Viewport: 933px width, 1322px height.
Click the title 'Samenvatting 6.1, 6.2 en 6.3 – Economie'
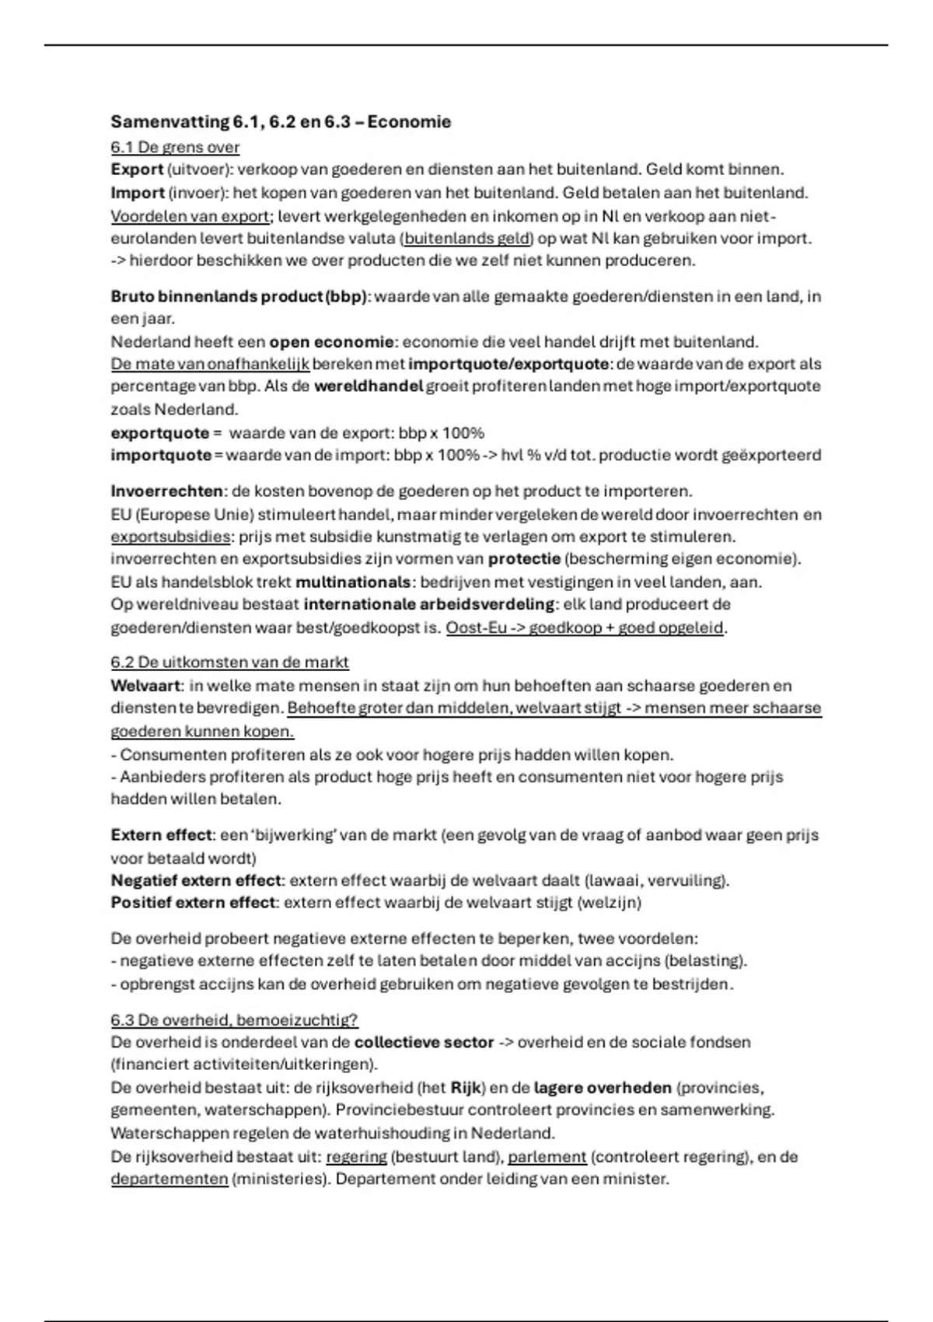[281, 122]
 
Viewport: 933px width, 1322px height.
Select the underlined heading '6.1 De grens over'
[175, 147]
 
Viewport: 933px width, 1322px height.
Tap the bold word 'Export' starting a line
[137, 170]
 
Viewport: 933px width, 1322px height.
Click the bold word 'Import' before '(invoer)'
[138, 192]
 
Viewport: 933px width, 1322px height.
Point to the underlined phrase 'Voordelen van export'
[190, 215]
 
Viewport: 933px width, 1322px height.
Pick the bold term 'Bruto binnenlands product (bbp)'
[239, 296]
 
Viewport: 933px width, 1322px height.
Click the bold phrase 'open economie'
[331, 341]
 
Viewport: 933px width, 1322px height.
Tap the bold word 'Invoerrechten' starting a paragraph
[167, 491]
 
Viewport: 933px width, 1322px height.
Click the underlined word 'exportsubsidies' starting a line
[170, 537]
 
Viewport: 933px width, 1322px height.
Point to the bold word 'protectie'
[524, 558]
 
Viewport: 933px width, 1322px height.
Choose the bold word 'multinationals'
[353, 582]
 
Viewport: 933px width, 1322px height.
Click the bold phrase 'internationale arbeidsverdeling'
[429, 604]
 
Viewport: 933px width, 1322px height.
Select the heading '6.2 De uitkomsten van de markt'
[229, 662]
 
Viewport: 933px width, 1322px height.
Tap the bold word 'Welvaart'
[146, 685]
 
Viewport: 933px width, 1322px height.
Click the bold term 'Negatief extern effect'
[195, 880]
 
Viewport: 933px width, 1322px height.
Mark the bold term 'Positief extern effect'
[193, 903]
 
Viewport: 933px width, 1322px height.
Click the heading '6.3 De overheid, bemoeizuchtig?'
[234, 1019]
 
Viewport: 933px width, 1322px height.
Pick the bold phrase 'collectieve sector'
[424, 1042]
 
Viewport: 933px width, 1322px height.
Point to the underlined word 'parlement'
[547, 1156]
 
